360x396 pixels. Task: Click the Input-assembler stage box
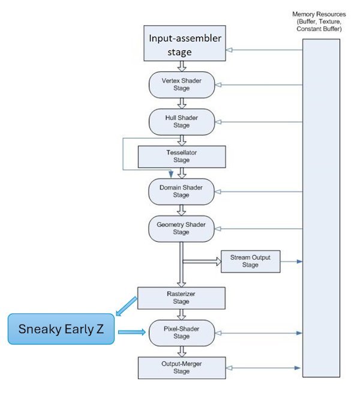tap(185, 44)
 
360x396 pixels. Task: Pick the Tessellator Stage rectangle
tap(181, 157)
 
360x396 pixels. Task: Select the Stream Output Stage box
tap(250, 261)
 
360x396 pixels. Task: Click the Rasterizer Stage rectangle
tap(181, 298)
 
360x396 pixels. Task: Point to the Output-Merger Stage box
tap(181, 367)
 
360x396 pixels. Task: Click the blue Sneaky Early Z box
tap(61, 329)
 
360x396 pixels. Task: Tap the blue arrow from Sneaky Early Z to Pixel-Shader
tap(131, 332)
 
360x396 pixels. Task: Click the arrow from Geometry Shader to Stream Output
tap(202, 261)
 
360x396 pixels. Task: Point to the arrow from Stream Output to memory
tap(290, 261)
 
